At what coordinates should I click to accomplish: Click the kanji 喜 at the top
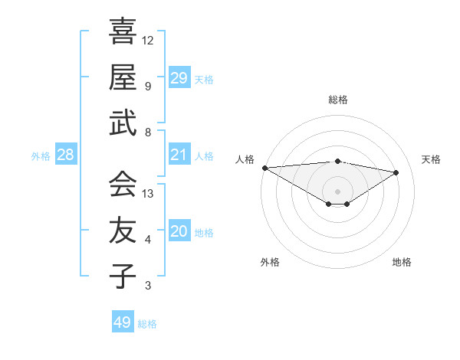[123, 32]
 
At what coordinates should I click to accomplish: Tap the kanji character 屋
[123, 77]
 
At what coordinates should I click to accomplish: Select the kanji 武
[123, 123]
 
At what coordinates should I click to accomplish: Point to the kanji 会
[123, 185]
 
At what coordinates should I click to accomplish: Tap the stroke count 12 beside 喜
[148, 40]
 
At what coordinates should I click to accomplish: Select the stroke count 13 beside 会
[148, 194]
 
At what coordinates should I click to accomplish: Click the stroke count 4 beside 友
[148, 240]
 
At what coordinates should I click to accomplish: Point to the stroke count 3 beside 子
[148, 286]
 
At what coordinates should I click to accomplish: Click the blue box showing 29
[179, 77]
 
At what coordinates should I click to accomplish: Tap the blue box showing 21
[179, 155]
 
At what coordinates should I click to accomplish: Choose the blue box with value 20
[179, 231]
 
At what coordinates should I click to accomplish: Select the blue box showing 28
[66, 155]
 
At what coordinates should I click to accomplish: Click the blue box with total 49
[123, 322]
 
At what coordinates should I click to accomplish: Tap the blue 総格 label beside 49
[148, 324]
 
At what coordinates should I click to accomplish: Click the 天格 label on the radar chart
[431, 159]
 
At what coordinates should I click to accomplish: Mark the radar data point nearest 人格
[264, 168]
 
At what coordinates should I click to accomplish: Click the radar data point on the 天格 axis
[396, 172]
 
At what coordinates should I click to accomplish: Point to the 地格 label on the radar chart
[402, 262]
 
